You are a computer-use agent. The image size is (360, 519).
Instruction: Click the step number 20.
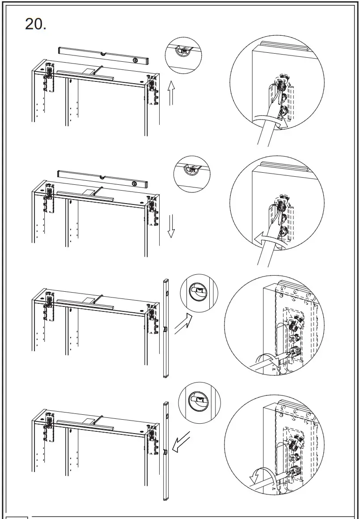(x=35, y=24)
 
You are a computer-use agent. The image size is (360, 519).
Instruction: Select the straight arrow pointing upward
(x=170, y=93)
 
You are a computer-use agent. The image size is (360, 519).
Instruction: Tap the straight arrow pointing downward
(x=170, y=226)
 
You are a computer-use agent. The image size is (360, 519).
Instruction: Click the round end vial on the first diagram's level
(x=133, y=60)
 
